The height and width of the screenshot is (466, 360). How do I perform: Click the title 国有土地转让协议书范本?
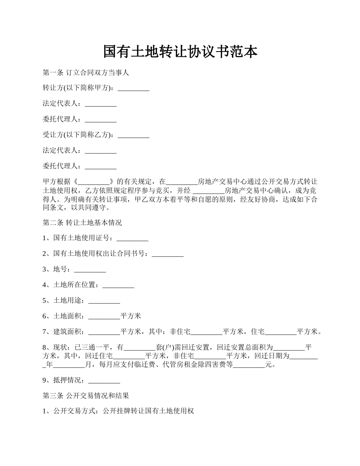tap(180, 52)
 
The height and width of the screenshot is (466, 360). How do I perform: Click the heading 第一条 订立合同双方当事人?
tap(86, 73)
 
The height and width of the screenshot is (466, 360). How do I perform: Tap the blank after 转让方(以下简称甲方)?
tap(133, 89)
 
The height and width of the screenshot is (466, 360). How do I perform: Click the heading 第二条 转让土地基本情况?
tap(82, 223)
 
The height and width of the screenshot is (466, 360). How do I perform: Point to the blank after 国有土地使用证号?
tap(132, 239)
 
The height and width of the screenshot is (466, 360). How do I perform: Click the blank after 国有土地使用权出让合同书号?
tap(167, 254)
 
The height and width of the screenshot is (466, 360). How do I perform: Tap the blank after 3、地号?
tap(90, 270)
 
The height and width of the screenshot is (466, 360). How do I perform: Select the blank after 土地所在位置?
tap(118, 285)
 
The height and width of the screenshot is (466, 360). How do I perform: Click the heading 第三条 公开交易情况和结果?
tap(86, 396)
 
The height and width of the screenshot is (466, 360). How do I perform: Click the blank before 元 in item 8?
tap(249, 365)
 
